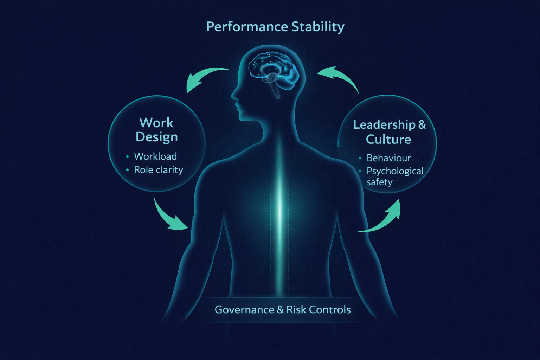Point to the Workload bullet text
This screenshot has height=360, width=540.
155,156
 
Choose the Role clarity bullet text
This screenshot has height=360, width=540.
159,170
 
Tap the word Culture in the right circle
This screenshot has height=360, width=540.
388,140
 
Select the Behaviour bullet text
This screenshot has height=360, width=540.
388,158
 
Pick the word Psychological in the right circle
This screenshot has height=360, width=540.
395,171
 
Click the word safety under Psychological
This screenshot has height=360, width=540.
379,182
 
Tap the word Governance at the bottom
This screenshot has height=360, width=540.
244,310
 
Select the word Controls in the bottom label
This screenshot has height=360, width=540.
330,310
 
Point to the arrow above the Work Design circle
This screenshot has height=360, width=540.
204,78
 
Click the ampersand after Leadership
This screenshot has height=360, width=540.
422,124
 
